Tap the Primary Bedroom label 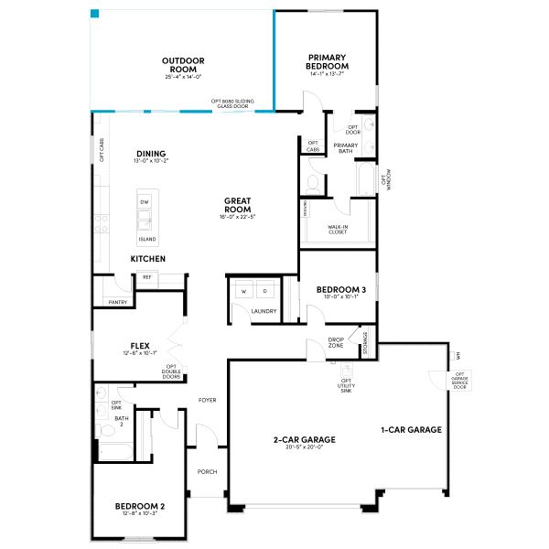(x=328, y=61)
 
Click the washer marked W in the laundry (x=243, y=291)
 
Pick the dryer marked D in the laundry (x=265, y=291)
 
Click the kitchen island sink (x=145, y=220)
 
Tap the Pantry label (x=117, y=302)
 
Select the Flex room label (x=140, y=346)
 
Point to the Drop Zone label (x=336, y=343)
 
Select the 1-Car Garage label (x=412, y=429)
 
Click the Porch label (x=207, y=472)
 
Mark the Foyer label (x=207, y=401)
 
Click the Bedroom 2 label (x=139, y=506)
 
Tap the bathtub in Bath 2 (x=113, y=452)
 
